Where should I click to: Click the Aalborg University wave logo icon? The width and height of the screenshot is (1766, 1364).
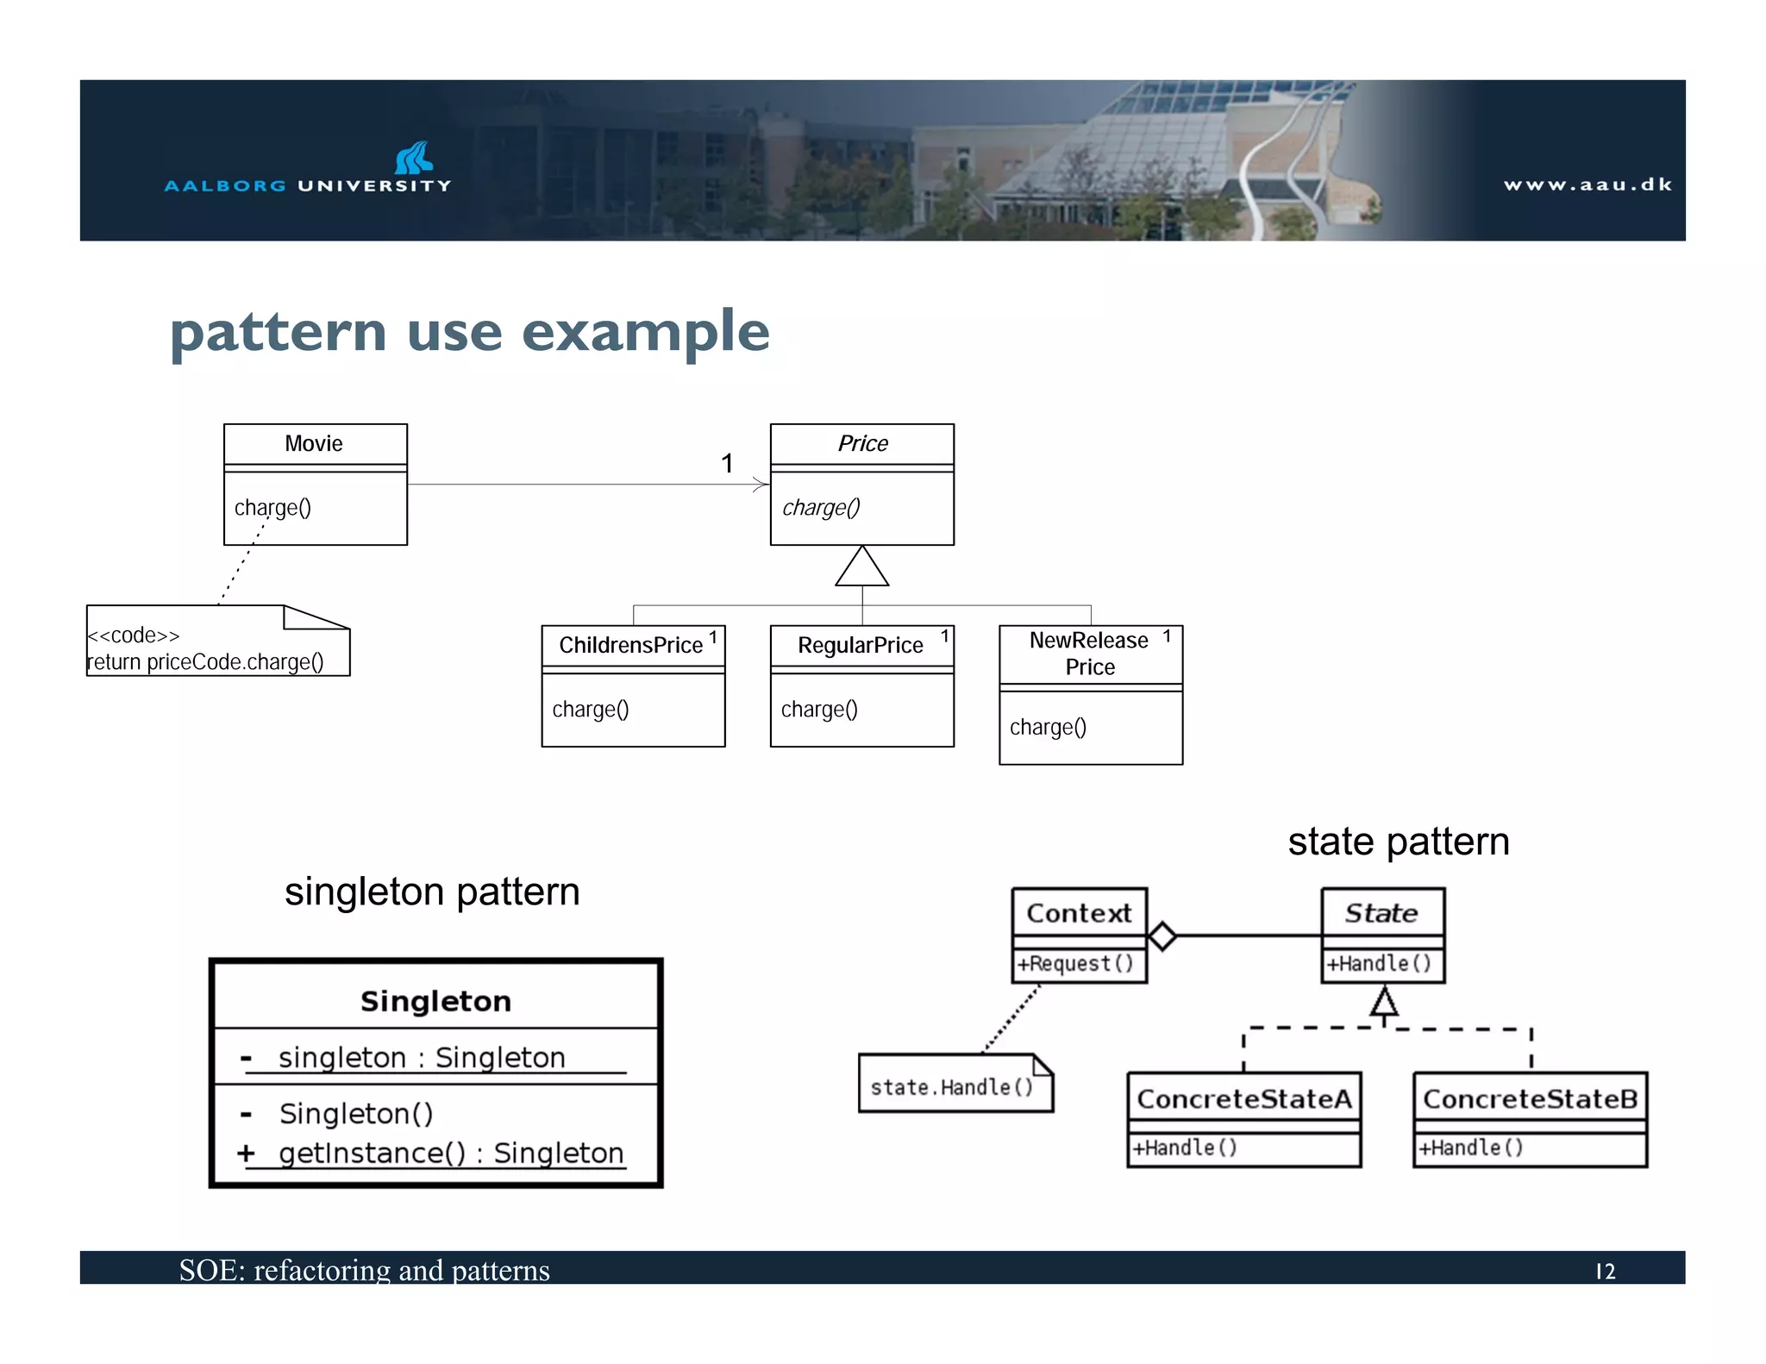click(414, 158)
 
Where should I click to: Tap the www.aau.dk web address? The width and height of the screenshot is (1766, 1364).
click(1587, 185)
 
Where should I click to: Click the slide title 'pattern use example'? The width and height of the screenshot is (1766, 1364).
click(470, 332)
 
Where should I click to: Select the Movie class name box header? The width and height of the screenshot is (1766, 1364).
click(315, 444)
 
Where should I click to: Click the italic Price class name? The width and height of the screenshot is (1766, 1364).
click(862, 444)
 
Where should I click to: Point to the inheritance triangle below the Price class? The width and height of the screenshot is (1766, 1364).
click(861, 568)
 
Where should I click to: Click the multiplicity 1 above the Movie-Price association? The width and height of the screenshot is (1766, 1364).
click(727, 464)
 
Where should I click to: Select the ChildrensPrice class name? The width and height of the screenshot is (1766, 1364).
click(630, 646)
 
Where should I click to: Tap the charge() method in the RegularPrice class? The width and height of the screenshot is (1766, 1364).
click(819, 710)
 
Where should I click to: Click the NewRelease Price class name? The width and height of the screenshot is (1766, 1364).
click(1089, 654)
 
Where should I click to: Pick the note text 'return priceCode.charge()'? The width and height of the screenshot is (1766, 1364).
click(206, 662)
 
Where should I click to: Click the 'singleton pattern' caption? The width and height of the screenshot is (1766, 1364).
click(432, 892)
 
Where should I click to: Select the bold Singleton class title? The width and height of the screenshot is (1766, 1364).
click(435, 1002)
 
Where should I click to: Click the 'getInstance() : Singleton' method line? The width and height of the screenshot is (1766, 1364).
click(450, 1154)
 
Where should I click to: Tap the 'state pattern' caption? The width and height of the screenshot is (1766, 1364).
click(1398, 842)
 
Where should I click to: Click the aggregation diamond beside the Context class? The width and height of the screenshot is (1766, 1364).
click(1162, 936)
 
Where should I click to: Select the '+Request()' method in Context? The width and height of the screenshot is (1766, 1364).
click(1074, 964)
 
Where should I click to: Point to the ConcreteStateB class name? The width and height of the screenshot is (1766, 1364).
click(1529, 1099)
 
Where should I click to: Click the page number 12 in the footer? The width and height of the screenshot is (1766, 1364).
click(1605, 1272)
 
